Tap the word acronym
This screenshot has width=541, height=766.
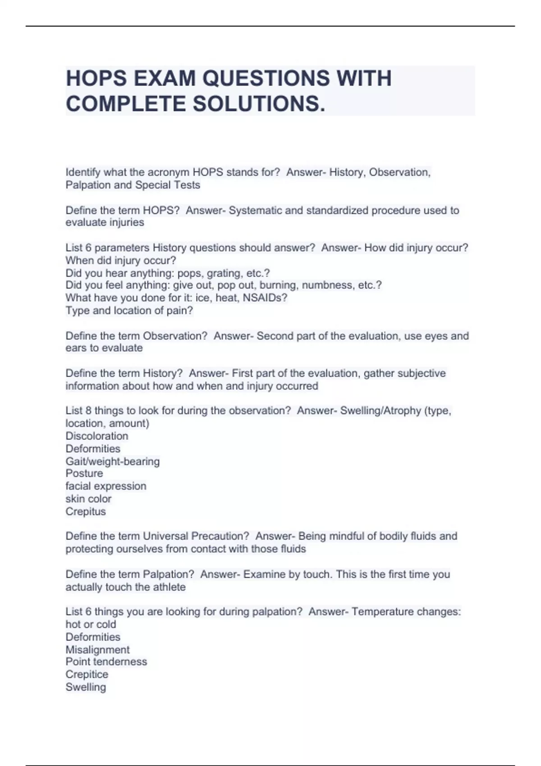click(168, 172)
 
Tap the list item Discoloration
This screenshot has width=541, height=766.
click(97, 436)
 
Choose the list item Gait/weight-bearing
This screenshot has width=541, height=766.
click(113, 461)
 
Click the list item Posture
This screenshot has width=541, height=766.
click(84, 474)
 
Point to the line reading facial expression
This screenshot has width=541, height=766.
click(106, 486)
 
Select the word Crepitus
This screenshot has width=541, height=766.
click(86, 511)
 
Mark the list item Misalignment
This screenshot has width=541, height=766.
click(97, 650)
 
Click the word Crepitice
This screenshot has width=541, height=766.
click(87, 675)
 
